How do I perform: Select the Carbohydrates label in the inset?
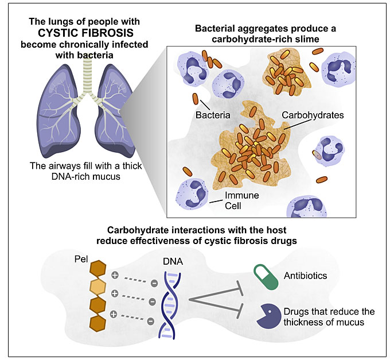(313, 115)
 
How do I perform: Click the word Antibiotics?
(306, 276)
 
